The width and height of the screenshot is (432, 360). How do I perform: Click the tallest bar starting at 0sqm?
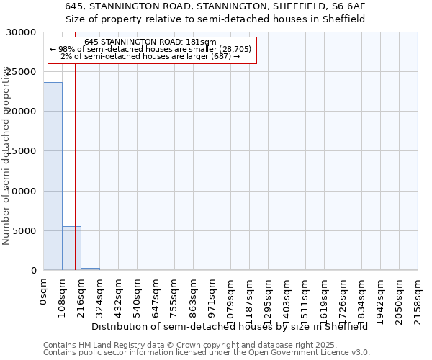53,176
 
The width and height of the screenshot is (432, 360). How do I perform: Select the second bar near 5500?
71,248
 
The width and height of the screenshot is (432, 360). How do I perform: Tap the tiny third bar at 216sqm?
90,269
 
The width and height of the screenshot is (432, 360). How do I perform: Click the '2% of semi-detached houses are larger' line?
150,56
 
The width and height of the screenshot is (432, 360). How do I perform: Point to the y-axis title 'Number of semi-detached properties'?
6,155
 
